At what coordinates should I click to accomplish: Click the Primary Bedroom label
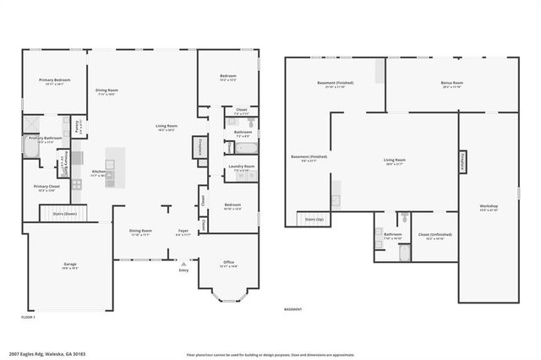click(54, 80)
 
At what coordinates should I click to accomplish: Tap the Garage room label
click(70, 265)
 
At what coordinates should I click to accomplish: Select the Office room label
click(228, 263)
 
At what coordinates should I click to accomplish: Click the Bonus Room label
click(451, 84)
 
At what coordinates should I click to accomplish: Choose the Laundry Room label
click(243, 166)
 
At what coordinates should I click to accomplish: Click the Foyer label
click(183, 230)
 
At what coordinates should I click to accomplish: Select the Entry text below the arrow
click(184, 270)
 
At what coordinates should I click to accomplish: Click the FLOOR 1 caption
click(28, 316)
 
